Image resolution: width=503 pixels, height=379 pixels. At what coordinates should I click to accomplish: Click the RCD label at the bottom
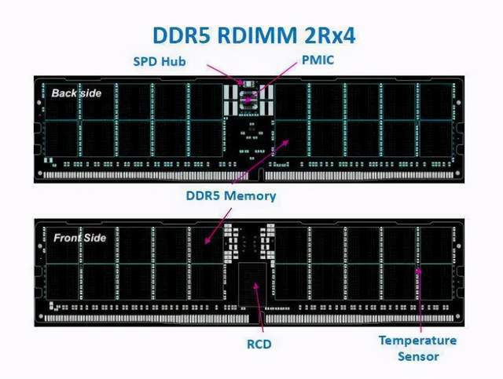(x=255, y=343)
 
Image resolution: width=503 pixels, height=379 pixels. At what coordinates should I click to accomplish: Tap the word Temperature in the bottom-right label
(x=417, y=341)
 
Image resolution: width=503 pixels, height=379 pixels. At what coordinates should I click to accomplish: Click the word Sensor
(x=417, y=355)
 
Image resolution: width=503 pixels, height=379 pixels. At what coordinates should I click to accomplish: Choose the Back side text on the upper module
(x=77, y=93)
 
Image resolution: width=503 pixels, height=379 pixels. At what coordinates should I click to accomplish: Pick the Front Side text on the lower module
(x=79, y=237)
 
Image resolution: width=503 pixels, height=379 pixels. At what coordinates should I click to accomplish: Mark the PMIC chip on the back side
(x=249, y=97)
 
